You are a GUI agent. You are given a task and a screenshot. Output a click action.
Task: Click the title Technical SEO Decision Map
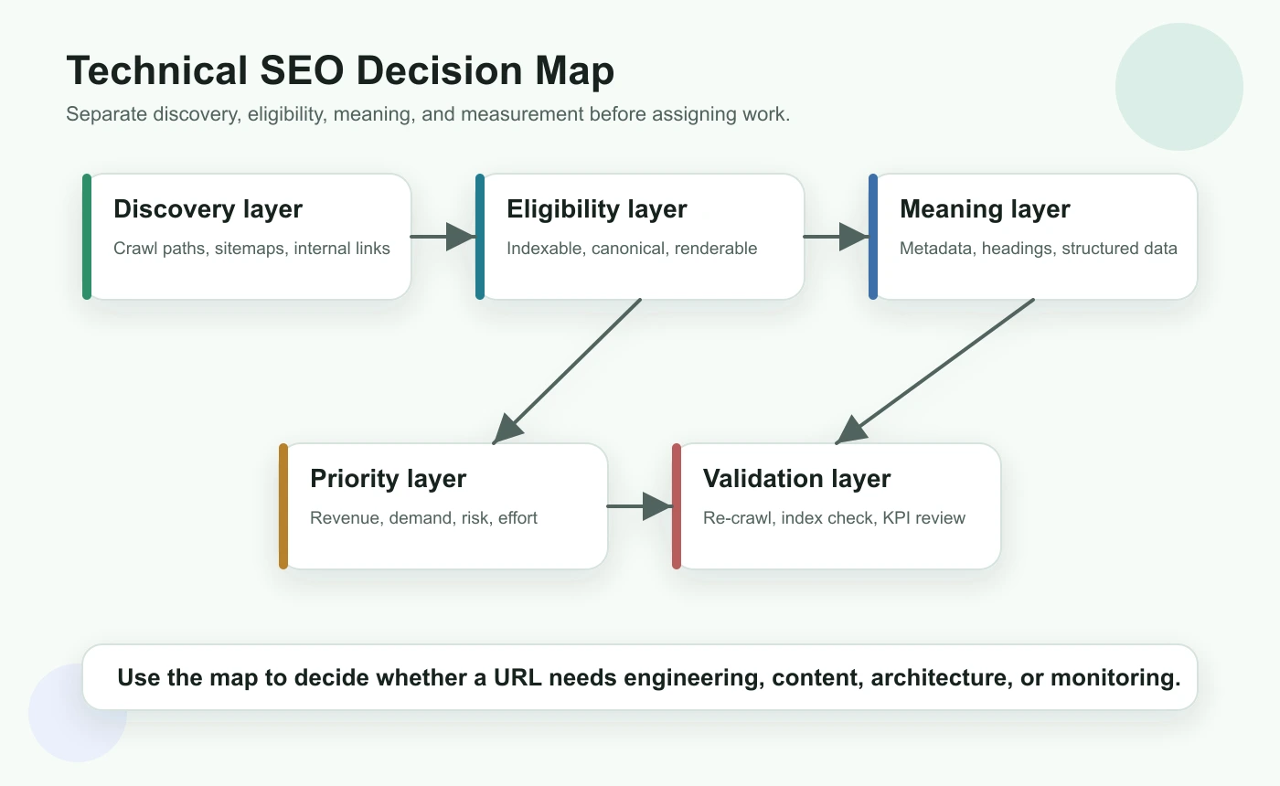(x=340, y=71)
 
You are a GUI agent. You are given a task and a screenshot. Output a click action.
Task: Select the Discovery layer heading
(x=208, y=209)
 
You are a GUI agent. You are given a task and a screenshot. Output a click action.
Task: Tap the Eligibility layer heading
(x=596, y=209)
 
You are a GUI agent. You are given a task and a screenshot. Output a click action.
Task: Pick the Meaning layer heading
(x=985, y=209)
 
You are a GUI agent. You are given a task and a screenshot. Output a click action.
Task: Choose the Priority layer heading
(x=388, y=479)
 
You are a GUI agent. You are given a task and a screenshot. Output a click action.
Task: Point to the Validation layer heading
(x=796, y=479)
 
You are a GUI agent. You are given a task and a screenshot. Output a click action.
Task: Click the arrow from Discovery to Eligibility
(x=443, y=237)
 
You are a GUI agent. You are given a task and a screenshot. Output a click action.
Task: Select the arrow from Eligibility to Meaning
(x=836, y=237)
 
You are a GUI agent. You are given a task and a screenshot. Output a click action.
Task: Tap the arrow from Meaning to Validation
(x=936, y=370)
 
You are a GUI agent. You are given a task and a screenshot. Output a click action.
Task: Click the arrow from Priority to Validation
(x=640, y=505)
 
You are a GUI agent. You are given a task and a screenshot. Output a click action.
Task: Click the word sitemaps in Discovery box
(x=250, y=249)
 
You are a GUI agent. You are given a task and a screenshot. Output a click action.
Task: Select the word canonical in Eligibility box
(x=631, y=249)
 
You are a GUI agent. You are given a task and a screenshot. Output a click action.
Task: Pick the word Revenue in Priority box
(x=344, y=518)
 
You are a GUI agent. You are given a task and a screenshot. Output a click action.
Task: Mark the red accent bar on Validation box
(x=677, y=505)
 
